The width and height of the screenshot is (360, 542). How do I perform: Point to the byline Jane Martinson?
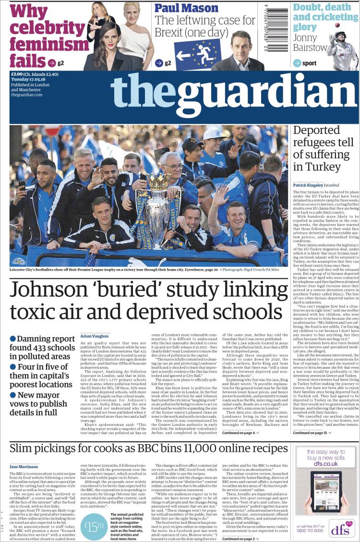pyautogui.click(x=24, y=466)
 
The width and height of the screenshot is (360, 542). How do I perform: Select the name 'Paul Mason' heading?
pyautogui.click(x=186, y=8)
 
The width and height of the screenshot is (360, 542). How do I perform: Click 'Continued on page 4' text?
pyautogui.click(x=240, y=432)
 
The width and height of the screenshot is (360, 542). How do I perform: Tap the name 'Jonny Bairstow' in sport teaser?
pyautogui.click(x=310, y=42)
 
